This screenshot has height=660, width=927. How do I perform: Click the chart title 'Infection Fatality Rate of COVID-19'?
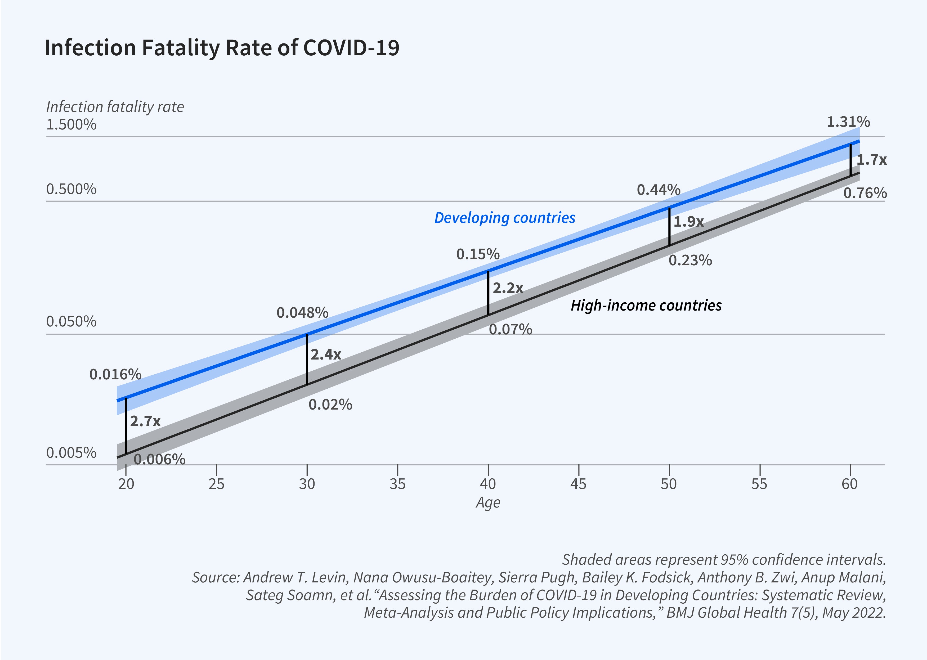pos(222,48)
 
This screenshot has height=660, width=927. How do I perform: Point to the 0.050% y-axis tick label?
pos(71,321)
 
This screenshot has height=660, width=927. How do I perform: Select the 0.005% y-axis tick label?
pos(71,453)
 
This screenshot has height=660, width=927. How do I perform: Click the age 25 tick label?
pos(216,484)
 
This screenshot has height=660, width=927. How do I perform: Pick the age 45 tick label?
pos(578,484)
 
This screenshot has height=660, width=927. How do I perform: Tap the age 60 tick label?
pos(849,484)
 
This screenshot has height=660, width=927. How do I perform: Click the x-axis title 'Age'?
pos(488,503)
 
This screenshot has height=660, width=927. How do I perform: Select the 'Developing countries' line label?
pos(504,218)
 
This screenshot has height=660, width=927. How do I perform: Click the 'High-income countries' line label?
pos(646,306)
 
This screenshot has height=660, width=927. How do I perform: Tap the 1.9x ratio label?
pos(688,222)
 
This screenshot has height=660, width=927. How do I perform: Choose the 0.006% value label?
pos(159,460)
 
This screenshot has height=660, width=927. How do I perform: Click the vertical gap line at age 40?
pos(488,293)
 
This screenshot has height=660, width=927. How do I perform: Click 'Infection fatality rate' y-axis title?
pos(115,107)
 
